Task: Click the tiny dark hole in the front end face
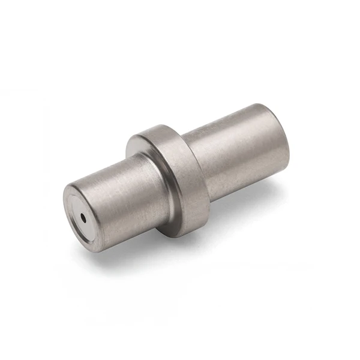click(83, 218)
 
